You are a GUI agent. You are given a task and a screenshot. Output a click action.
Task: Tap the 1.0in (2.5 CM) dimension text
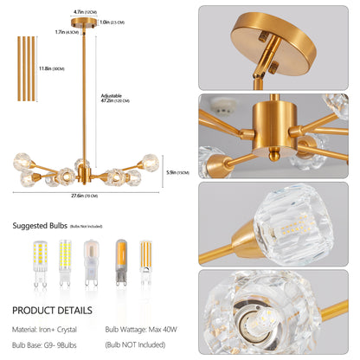[112, 22]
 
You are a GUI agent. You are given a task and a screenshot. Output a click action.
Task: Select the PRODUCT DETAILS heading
[55, 310]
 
